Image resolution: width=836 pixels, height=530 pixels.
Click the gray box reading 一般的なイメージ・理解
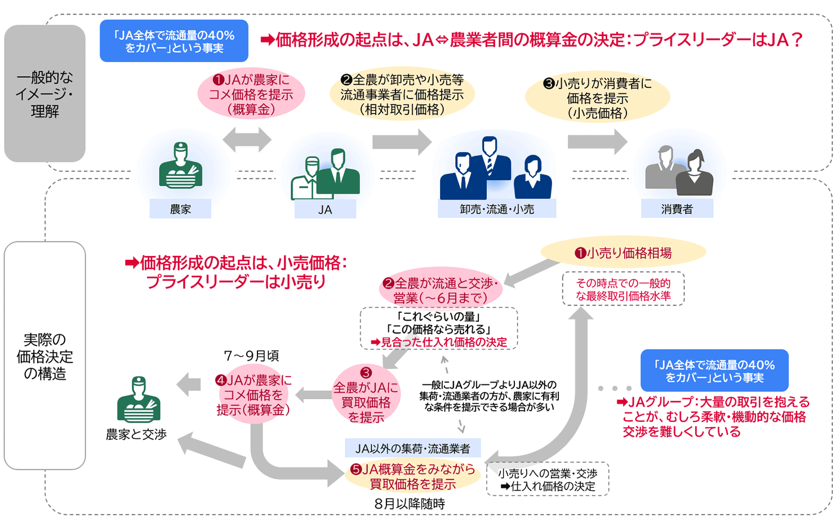tap(45, 93)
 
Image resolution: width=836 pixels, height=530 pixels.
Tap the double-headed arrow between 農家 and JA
tap(247, 140)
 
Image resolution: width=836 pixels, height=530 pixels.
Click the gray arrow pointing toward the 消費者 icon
tap(598, 142)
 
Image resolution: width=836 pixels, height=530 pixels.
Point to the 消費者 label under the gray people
tap(677, 209)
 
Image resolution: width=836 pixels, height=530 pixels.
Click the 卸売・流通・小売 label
tap(497, 209)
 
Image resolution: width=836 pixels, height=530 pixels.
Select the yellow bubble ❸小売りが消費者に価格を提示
tap(598, 98)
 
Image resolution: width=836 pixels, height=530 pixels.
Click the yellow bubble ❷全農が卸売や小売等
tap(402, 94)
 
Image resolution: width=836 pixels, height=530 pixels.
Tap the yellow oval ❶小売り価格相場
tap(623, 253)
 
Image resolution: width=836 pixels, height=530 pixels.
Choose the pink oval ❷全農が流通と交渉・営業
tap(441, 290)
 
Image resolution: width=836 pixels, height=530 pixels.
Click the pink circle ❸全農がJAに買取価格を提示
tap(366, 394)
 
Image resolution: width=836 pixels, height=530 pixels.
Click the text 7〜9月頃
tap(252, 356)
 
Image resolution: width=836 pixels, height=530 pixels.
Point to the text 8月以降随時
tap(410, 504)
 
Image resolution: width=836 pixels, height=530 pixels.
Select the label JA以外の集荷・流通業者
tap(413, 448)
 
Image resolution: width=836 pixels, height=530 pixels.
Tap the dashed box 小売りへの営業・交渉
tap(548, 479)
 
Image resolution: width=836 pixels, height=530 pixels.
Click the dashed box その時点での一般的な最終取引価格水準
tap(623, 289)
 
